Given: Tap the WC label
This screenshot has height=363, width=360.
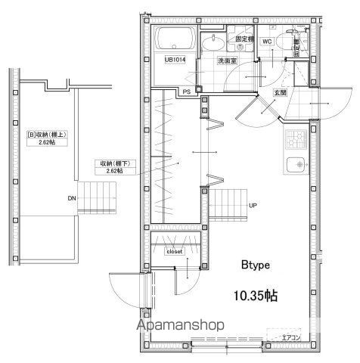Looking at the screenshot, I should (267, 42).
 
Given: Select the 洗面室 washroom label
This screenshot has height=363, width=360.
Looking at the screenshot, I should (228, 60).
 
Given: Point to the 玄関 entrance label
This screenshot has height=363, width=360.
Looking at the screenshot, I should (279, 92).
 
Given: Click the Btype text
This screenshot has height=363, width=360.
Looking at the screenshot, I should (257, 265).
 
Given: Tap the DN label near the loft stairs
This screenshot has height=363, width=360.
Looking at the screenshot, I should (72, 199).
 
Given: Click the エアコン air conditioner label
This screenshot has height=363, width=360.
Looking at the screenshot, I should (290, 337).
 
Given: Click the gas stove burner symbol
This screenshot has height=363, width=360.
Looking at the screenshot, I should (293, 138).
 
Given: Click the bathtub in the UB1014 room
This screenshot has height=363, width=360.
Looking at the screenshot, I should (173, 40).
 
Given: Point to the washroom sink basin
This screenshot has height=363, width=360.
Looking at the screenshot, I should (215, 42).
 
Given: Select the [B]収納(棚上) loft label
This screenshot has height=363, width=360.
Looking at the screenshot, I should (48, 138).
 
